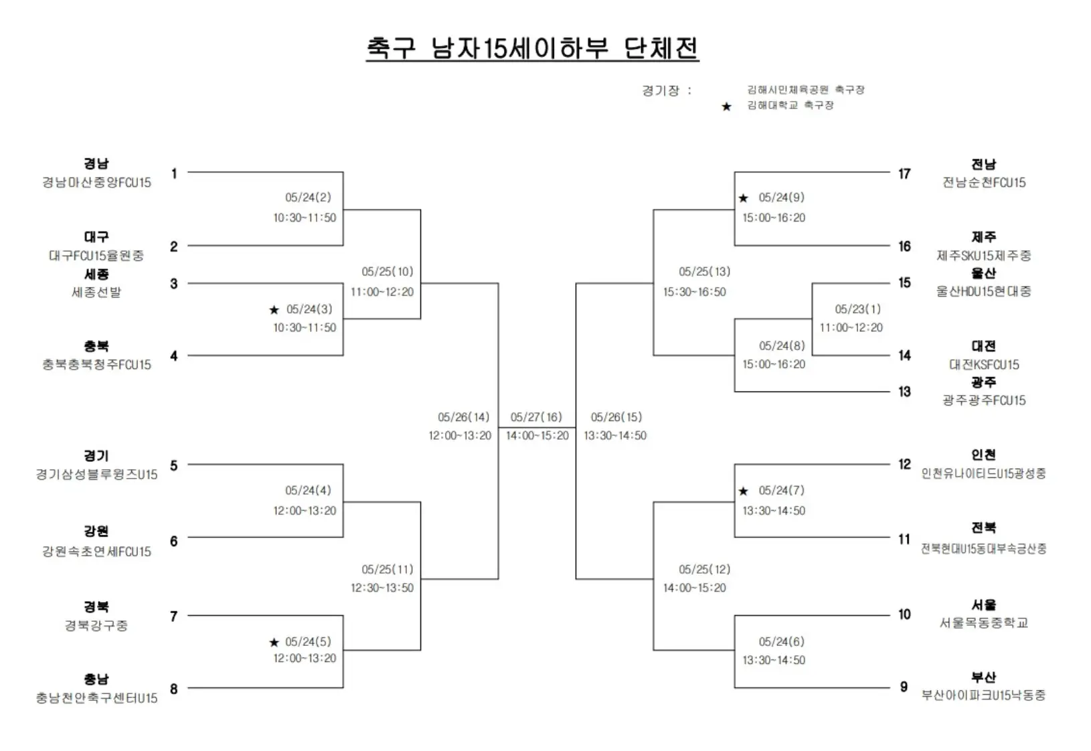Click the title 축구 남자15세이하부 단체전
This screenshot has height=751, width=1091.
(532, 48)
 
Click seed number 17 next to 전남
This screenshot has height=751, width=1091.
(904, 174)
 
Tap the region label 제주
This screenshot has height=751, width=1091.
(983, 237)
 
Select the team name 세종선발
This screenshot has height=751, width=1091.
(96, 293)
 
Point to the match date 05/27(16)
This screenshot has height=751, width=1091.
(536, 418)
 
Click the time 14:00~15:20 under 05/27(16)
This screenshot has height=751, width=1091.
(537, 436)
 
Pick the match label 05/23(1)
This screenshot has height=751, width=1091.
(857, 309)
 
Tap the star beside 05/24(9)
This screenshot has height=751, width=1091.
(743, 198)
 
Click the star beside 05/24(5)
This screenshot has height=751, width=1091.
(274, 643)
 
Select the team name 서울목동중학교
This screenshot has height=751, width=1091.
(983, 623)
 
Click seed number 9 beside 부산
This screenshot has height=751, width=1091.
(904, 687)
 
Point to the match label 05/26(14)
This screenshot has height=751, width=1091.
(463, 418)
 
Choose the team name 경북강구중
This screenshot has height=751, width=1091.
(96, 626)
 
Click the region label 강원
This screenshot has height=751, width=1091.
(96, 531)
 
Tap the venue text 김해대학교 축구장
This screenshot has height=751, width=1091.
(790, 105)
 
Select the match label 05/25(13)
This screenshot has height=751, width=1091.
(704, 272)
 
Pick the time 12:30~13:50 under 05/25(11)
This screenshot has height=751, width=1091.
(382, 588)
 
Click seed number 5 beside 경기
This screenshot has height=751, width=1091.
(174, 466)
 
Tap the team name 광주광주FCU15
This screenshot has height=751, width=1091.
(983, 400)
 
